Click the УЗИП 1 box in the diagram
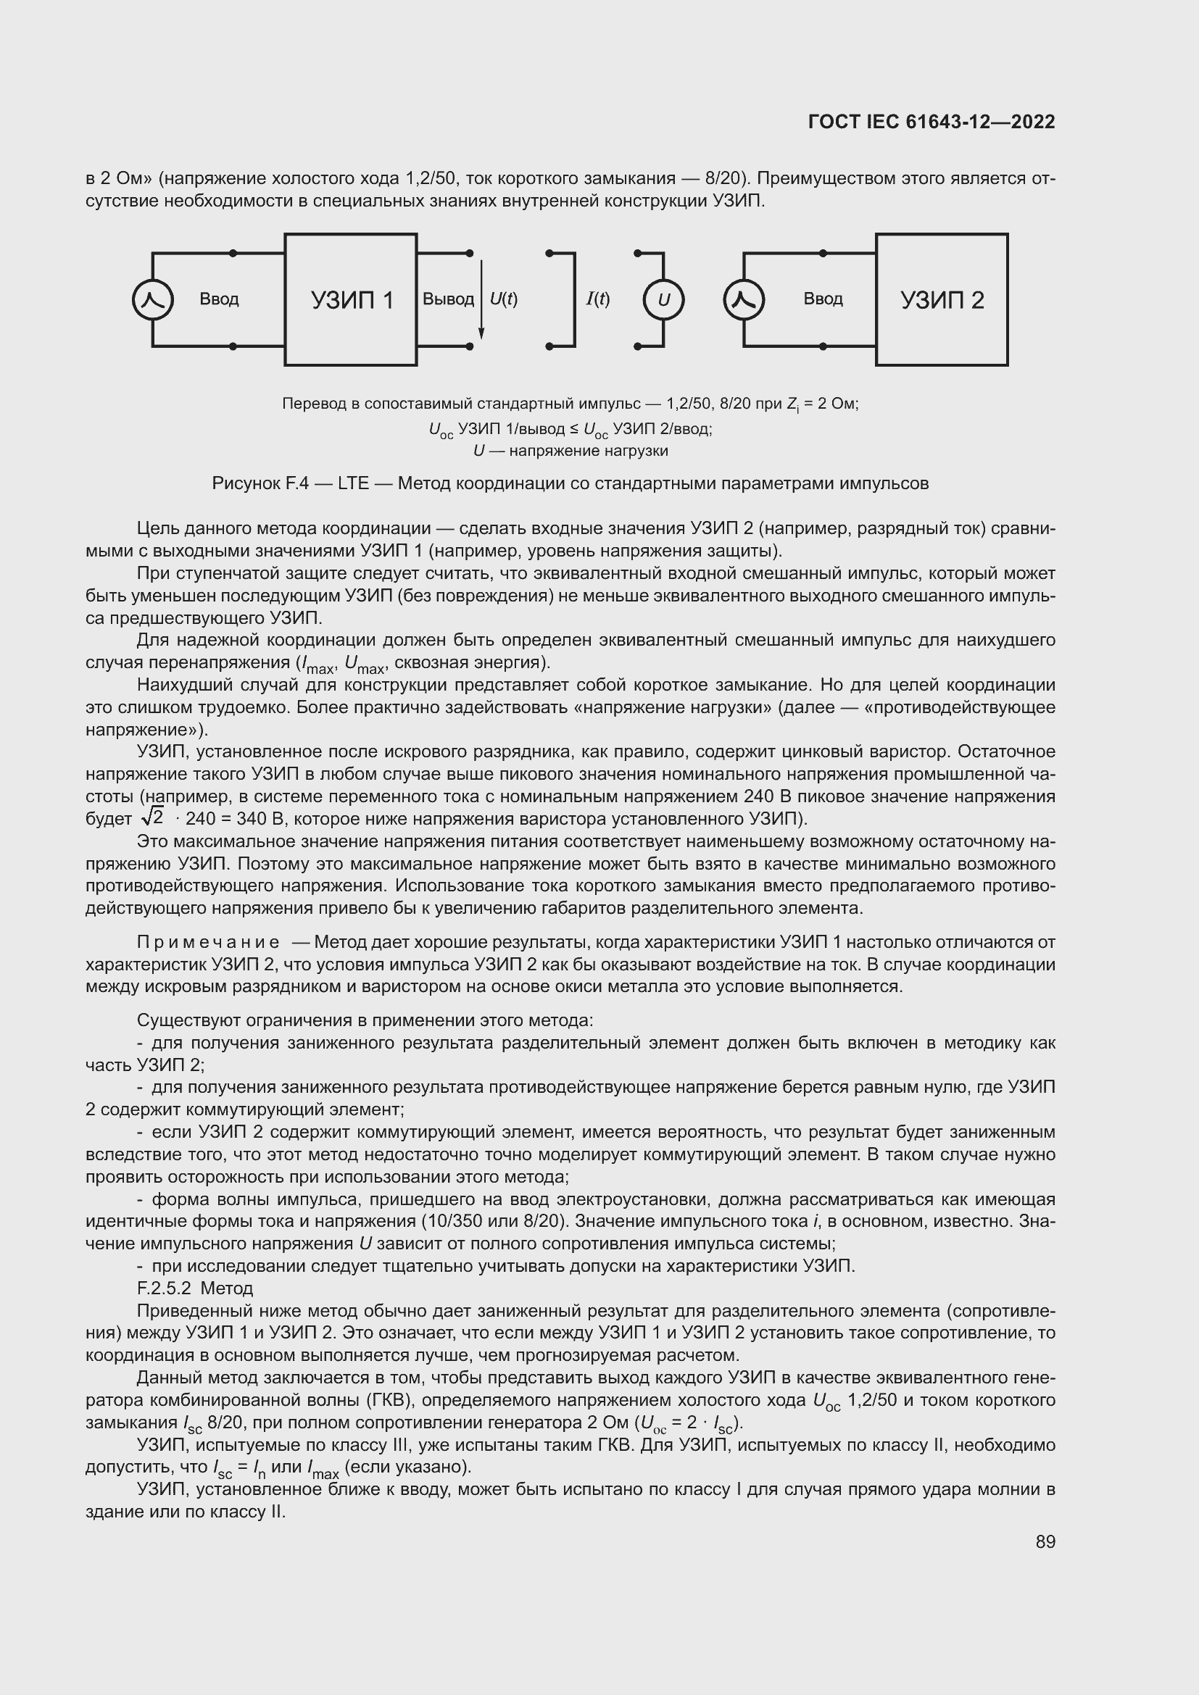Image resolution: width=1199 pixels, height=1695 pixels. [351, 300]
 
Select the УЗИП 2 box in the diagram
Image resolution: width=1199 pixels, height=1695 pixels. [942, 300]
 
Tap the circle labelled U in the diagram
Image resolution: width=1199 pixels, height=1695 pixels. [663, 300]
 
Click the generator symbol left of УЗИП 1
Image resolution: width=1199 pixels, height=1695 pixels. [153, 300]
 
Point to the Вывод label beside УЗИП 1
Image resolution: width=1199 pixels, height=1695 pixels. [448, 299]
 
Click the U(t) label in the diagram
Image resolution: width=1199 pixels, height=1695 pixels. [504, 299]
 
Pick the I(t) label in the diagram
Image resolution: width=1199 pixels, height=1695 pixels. [598, 299]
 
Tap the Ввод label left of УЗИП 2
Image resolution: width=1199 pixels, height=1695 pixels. [823, 299]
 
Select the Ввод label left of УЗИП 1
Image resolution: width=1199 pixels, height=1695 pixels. [219, 299]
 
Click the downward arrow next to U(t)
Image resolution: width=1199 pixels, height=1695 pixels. [481, 300]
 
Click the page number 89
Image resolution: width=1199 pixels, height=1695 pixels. [1045, 1542]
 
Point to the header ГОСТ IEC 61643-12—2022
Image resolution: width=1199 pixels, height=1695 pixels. [932, 122]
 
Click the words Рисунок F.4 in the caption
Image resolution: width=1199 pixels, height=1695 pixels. [260, 483]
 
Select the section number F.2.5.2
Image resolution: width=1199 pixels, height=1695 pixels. [164, 1288]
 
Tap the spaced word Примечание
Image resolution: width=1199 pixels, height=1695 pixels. [208, 942]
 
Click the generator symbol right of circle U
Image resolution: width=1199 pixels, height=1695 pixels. [744, 300]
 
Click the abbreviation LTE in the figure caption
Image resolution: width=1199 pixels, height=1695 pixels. [353, 483]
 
